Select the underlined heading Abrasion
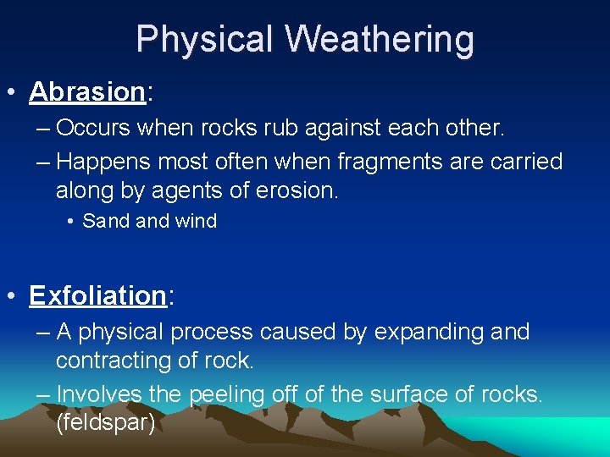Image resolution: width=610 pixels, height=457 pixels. pos(87,91)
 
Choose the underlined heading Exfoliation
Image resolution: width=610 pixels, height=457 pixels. pos(97,295)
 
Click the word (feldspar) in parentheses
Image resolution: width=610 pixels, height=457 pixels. pos(105,422)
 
